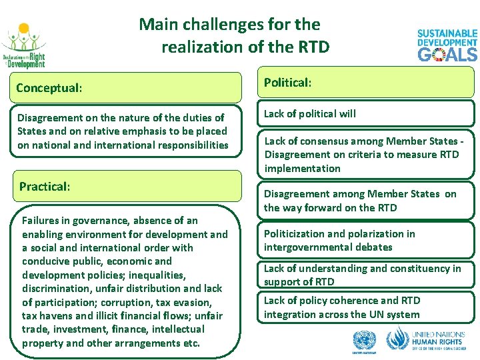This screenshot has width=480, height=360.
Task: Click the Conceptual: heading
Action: [x=49, y=88]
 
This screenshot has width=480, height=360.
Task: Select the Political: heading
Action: [x=288, y=83]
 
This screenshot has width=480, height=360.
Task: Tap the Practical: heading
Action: [x=45, y=187]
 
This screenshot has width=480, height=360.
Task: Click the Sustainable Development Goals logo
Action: [x=447, y=45]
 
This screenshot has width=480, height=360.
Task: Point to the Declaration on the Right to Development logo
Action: [x=24, y=47]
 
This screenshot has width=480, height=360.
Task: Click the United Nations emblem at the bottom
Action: [x=363, y=341]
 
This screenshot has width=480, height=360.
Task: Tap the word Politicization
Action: [x=296, y=234]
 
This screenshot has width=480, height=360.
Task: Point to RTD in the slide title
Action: [x=312, y=47]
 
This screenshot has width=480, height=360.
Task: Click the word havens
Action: [x=56, y=316]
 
